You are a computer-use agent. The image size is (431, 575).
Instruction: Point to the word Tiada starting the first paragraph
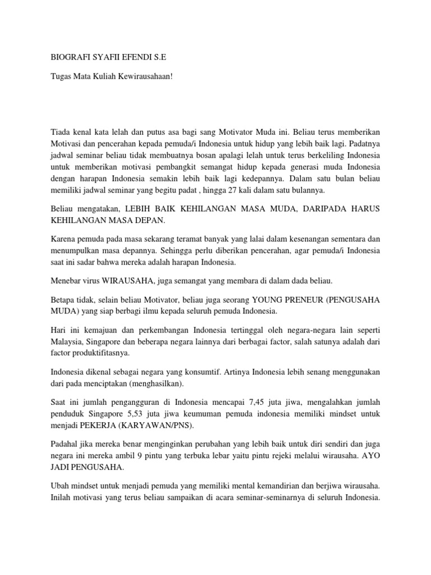point(62,132)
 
